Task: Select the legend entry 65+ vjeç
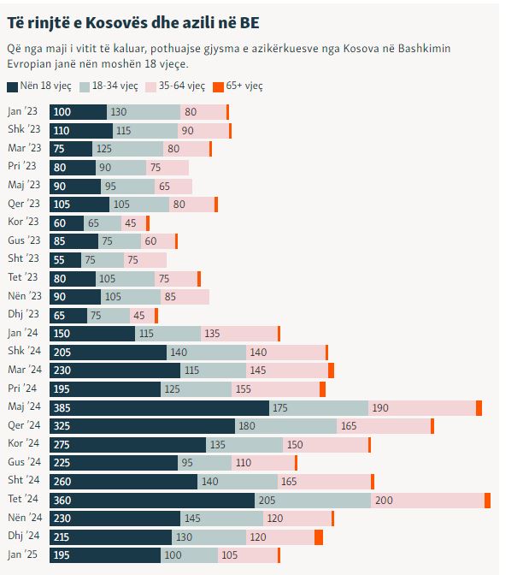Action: pos(242,86)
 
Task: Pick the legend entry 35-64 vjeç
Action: pos(181,86)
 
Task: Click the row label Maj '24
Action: pos(24,407)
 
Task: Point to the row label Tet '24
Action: pos(24,499)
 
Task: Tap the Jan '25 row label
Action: pos(24,555)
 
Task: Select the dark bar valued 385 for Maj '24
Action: pos(159,408)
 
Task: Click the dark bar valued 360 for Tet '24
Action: pos(152,500)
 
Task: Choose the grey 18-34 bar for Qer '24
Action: pos(285,426)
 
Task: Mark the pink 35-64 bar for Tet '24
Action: pos(427,500)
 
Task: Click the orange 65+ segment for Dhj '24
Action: pos(319,536)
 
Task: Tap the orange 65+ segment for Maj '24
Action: pos(479,408)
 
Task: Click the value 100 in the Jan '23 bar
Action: pos(62,112)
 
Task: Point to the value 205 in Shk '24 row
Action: pos(62,353)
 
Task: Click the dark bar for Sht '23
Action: pos(65,259)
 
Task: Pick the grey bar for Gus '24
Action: pos(203,463)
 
